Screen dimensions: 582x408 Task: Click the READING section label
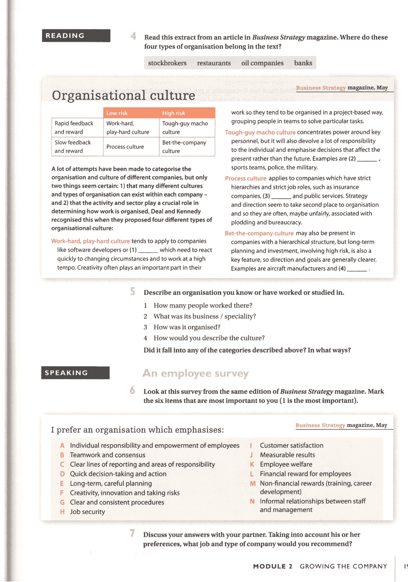[76, 36]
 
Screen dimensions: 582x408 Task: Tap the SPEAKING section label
[75, 373]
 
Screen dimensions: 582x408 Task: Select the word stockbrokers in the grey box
[167, 63]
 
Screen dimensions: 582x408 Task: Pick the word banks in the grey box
[303, 63]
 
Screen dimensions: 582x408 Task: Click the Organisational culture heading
[123, 95]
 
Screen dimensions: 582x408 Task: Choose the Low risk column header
[117, 113]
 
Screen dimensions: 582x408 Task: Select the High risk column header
[173, 113]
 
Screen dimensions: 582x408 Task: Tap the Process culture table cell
[125, 147]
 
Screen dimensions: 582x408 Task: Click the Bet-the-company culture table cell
[184, 147]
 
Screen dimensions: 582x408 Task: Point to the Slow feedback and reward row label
[73, 147]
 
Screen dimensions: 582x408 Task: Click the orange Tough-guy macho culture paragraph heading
[260, 132]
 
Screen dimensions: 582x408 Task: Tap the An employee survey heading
[196, 373]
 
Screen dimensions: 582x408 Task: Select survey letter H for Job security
[62, 512]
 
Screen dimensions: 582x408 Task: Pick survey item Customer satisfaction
[291, 445]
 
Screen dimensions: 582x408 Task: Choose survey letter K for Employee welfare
[252, 465]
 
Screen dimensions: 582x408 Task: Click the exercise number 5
[132, 291]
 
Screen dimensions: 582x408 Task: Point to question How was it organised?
[187, 327]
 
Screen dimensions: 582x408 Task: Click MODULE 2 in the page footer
[273, 566]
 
